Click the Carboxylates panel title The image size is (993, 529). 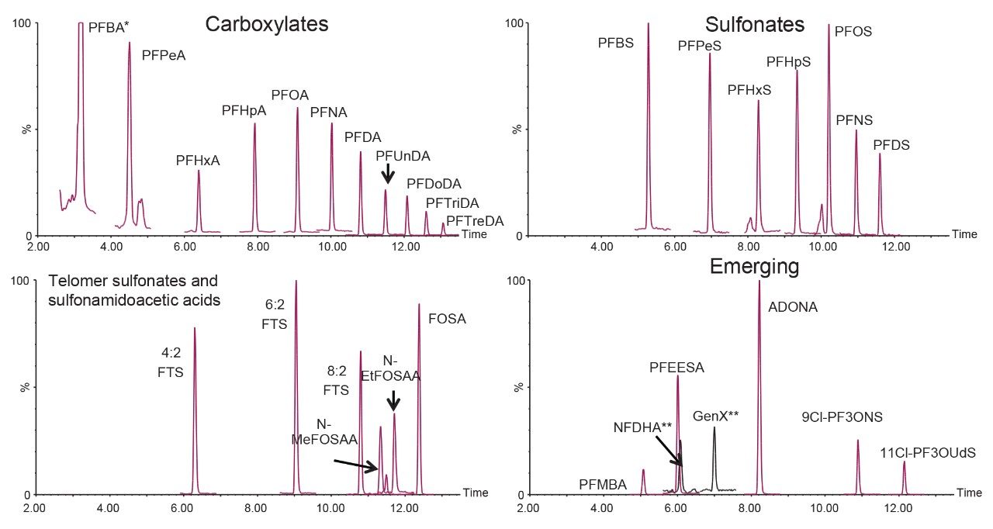click(x=267, y=24)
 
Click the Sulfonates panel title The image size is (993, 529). click(x=755, y=24)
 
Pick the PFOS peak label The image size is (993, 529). click(x=853, y=32)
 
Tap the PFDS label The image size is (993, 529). click(x=891, y=145)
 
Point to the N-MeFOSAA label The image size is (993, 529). click(x=324, y=432)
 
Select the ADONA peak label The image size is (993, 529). click(x=792, y=307)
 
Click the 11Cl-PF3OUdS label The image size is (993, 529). click(x=927, y=452)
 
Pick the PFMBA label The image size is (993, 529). click(x=603, y=485)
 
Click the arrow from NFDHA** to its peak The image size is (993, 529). click(x=668, y=450)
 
